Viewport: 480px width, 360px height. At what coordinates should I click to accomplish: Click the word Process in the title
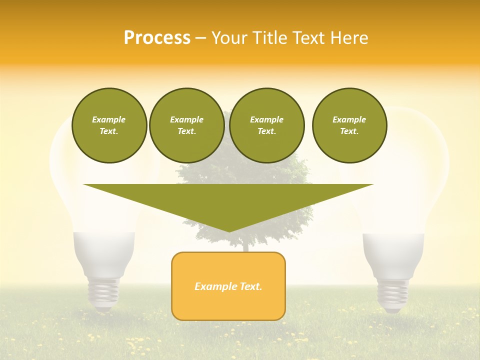[157, 38]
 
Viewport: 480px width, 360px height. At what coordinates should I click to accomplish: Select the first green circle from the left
[109, 125]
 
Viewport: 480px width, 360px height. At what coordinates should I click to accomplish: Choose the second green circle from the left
[186, 125]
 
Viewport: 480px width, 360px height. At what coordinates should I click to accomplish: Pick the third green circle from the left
[266, 125]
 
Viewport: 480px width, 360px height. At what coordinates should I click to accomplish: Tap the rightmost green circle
[349, 125]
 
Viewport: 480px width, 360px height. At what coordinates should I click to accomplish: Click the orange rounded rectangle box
[228, 286]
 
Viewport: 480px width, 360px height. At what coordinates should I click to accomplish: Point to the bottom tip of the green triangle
[229, 230]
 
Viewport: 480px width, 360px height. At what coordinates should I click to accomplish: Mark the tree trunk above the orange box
[244, 246]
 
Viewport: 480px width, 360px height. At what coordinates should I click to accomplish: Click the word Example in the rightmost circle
[349, 119]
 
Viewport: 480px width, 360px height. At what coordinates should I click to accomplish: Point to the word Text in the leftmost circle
[108, 131]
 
